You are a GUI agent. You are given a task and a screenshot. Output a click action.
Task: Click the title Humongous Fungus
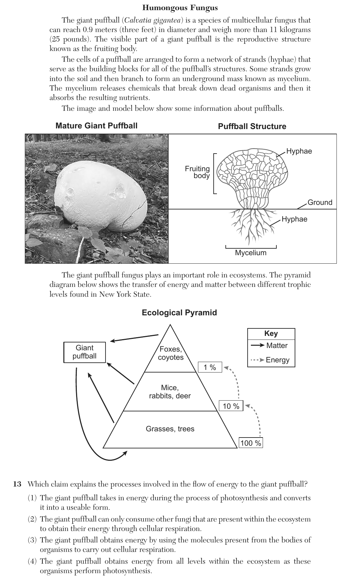coord(180,8)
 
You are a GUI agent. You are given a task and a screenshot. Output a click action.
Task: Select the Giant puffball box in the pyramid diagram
coord(85,352)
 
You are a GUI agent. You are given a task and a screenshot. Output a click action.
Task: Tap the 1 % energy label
coord(210,367)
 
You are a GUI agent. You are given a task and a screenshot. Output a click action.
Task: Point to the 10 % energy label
coord(231,406)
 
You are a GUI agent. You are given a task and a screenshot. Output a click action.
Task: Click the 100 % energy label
coord(251,443)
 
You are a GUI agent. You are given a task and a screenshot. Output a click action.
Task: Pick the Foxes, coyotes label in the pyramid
coord(171,353)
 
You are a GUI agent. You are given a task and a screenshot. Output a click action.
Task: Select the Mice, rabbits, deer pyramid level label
coord(170,392)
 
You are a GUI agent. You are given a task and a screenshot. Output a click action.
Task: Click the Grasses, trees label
coord(170,429)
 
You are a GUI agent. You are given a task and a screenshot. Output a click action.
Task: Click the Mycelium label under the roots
coord(251,253)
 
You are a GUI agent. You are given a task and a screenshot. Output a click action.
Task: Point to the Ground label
coord(320,202)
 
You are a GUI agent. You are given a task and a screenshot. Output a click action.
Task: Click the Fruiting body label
coord(197,172)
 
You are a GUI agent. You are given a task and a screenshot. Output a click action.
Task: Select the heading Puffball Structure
coord(252,126)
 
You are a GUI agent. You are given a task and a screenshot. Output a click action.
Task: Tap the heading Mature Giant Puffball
coord(96,126)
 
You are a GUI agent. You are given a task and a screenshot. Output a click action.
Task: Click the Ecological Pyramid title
coord(179,313)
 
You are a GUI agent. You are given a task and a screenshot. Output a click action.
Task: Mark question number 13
coord(17,484)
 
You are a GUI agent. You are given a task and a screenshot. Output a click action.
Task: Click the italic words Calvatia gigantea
coord(152,20)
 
